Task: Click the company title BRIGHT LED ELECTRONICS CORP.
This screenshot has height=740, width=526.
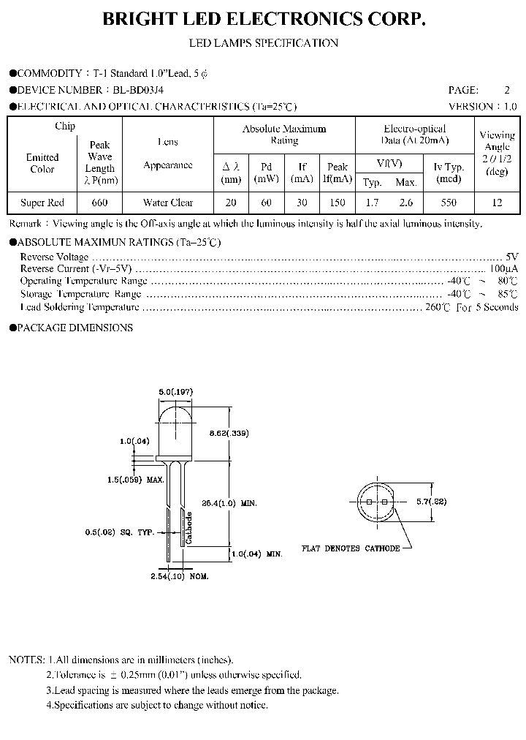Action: coord(264,20)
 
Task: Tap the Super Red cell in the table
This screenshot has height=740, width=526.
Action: coord(42,203)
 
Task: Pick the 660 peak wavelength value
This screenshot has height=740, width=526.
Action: coord(99,203)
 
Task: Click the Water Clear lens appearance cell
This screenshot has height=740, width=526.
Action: coord(167,203)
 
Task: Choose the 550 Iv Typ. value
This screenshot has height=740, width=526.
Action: coord(449,203)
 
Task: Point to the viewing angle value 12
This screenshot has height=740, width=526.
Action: coord(497,203)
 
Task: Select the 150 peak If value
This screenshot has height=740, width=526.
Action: coord(338,203)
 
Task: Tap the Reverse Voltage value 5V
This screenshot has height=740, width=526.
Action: coord(511,257)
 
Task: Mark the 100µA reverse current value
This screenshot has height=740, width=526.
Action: coord(505,269)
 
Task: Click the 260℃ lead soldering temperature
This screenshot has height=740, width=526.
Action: coord(438,307)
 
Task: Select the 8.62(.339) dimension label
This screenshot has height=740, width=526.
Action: coord(229,433)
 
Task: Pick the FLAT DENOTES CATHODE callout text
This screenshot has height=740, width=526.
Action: coord(351,548)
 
